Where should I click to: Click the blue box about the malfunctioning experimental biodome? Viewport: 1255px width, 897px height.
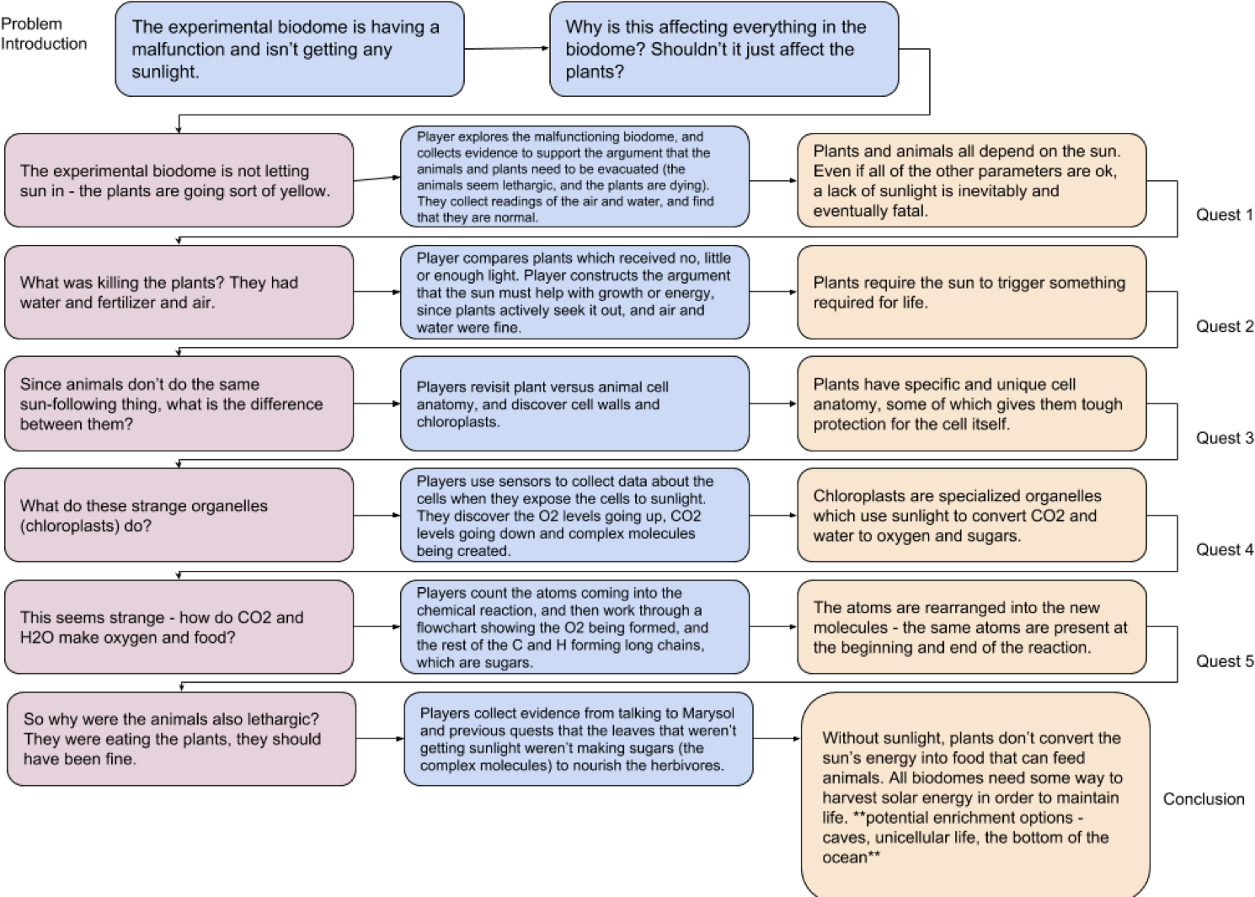(x=289, y=49)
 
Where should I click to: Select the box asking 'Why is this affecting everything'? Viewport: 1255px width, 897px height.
(x=724, y=49)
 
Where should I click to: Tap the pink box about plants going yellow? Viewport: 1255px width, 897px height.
(x=179, y=180)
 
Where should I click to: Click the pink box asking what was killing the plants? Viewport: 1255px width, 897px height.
(x=179, y=292)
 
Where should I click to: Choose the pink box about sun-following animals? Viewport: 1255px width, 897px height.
(x=179, y=403)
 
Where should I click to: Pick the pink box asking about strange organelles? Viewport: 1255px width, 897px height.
(x=179, y=515)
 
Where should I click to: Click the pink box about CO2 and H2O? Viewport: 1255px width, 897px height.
(x=179, y=627)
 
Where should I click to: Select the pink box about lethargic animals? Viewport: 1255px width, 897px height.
(x=181, y=739)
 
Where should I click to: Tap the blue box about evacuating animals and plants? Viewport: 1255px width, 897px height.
(x=574, y=177)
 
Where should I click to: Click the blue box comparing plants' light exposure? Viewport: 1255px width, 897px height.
(x=574, y=292)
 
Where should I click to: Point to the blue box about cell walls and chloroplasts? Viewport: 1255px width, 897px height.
(x=574, y=403)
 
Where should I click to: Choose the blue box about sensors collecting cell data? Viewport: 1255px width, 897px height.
(x=574, y=515)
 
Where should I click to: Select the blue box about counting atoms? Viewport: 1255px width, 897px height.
(x=574, y=627)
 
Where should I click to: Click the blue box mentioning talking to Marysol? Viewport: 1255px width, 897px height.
(x=578, y=739)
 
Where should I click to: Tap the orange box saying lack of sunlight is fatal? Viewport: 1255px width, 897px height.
(x=971, y=180)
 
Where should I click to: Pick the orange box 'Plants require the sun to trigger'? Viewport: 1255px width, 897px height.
(x=971, y=292)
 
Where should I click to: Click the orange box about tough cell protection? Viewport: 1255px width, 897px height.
(x=971, y=403)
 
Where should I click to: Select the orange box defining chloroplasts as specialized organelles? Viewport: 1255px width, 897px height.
(x=971, y=515)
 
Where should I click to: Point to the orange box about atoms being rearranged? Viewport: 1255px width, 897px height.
(x=971, y=627)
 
